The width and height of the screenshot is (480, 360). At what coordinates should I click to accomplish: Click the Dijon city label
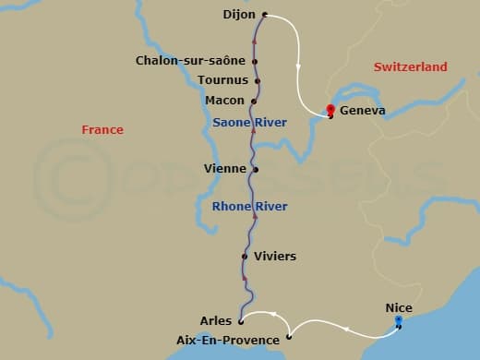(x=240, y=15)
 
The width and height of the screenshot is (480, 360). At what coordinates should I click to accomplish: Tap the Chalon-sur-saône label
(x=190, y=61)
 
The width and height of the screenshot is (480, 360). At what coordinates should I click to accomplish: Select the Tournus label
(x=222, y=80)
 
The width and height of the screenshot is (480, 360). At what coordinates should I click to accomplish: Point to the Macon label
(x=225, y=101)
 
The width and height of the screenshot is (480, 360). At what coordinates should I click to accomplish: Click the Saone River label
(x=249, y=122)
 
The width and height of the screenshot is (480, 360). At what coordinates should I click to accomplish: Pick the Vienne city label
(x=225, y=169)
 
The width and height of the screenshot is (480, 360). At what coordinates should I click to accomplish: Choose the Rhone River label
(x=249, y=207)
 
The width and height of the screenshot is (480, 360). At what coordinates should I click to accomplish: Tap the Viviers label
(x=276, y=256)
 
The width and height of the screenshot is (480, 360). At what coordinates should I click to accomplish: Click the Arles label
(x=216, y=321)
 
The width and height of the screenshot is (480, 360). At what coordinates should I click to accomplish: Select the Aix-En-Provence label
(x=227, y=340)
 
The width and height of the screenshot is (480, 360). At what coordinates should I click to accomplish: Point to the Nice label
(x=399, y=307)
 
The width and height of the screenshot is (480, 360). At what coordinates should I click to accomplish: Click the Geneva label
(x=363, y=112)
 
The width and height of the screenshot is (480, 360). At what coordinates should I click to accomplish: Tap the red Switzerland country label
(x=410, y=67)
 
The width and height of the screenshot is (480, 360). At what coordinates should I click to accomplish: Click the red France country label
(x=102, y=130)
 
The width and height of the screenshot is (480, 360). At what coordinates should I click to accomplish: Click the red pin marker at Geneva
(x=330, y=109)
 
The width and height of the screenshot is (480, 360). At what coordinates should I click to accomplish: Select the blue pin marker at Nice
(x=399, y=320)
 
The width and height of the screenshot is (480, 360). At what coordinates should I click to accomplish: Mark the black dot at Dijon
(x=265, y=15)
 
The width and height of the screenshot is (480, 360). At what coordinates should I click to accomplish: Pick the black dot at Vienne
(x=256, y=170)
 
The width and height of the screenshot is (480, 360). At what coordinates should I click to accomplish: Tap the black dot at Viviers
(x=244, y=257)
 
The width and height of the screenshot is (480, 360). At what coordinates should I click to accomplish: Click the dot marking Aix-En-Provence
(x=289, y=338)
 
